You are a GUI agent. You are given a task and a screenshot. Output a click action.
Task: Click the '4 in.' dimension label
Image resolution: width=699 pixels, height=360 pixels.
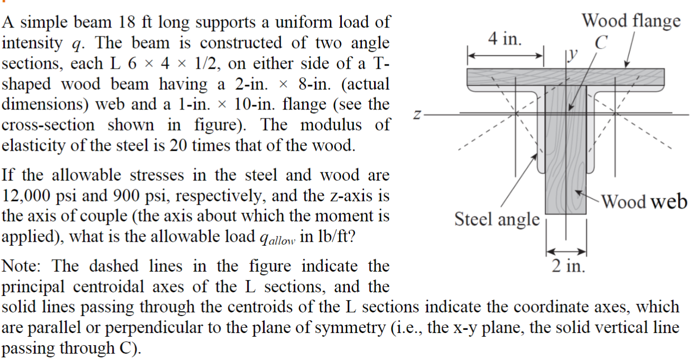[505, 39]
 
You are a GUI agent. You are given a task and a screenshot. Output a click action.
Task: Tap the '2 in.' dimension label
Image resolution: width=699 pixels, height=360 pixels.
[568, 265]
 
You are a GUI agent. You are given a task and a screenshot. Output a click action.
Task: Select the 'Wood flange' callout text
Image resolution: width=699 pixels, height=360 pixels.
[631, 21]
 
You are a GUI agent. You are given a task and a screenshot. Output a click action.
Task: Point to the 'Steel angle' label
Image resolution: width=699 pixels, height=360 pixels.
[497, 218]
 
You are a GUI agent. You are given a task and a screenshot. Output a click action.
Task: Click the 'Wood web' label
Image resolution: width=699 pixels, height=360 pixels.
[644, 201]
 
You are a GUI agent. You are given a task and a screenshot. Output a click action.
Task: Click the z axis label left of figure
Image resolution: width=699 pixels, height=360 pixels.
[417, 114]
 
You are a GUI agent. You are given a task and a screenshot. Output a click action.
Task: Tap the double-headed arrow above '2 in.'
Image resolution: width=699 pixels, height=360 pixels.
[566, 251]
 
